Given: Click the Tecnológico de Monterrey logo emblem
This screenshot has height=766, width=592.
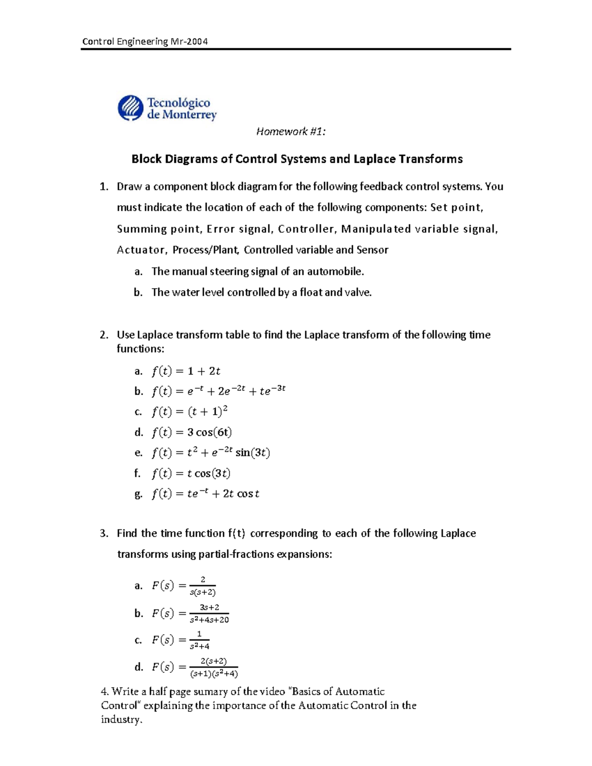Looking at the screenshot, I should tap(131, 108).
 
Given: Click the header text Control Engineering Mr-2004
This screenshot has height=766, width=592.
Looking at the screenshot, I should tap(145, 41).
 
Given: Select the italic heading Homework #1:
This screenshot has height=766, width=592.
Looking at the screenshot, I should tap(291, 131).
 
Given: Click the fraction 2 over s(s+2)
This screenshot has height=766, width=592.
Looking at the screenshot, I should tap(203, 586).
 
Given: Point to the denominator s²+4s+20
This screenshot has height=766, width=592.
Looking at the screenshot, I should tap(209, 620).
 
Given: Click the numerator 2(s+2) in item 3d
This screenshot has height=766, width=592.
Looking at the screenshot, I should tap(214, 661).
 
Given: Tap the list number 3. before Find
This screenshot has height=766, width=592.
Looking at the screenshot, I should tap(104, 533).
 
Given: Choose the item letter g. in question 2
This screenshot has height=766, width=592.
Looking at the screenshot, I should tap(138, 494).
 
